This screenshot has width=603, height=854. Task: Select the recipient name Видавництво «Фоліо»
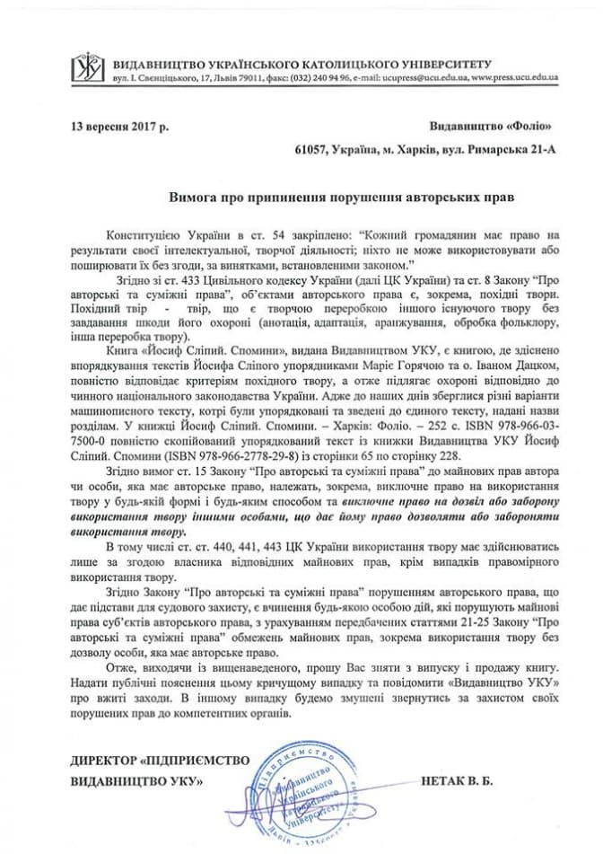(487, 127)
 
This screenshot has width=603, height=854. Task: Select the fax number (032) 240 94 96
(301, 78)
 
